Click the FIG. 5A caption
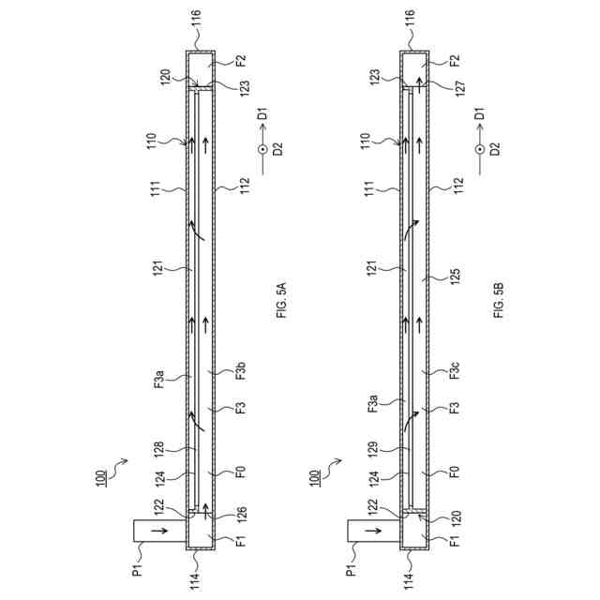[x=281, y=300]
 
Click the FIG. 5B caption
[x=499, y=300]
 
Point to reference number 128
[x=159, y=449]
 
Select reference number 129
[x=373, y=449]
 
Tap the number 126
[x=242, y=515]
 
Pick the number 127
[x=459, y=88]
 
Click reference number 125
[x=456, y=276]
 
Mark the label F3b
[x=241, y=370]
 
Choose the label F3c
[x=455, y=370]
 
